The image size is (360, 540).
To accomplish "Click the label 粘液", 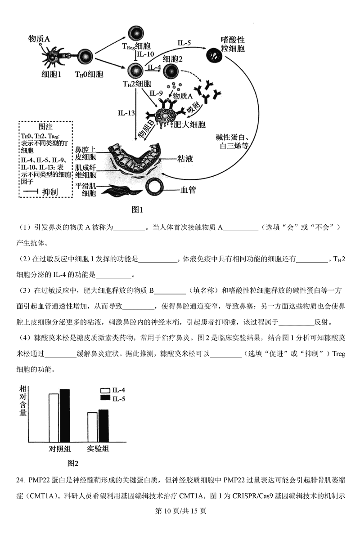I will pos(186,159).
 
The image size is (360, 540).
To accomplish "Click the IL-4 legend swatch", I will pos(105,391).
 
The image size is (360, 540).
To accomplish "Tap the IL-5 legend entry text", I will pos(119,398).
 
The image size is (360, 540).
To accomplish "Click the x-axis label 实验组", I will pos(98,449).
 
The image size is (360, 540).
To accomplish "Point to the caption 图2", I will pos(73,463).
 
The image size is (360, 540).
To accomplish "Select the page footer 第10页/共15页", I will pos(180,511).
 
